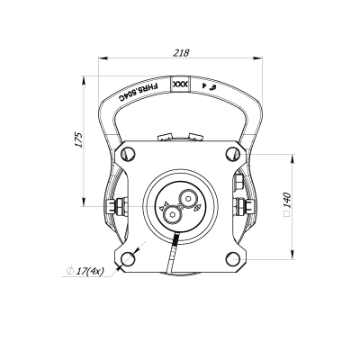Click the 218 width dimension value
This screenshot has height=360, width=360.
tap(182, 53)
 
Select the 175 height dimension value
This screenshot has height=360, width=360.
tap(78, 139)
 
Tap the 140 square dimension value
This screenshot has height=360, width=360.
tap(287, 201)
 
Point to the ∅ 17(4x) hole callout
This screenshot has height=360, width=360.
tap(85, 271)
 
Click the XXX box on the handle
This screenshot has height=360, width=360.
tap(180, 85)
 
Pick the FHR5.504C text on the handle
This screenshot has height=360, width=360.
tap(138, 93)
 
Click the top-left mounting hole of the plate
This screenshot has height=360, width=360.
tap(128, 154)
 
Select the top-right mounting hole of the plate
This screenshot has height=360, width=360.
tap(233, 154)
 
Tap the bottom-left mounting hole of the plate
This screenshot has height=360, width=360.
tap(128, 259)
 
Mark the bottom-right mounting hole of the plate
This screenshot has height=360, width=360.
tap(233, 259)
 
